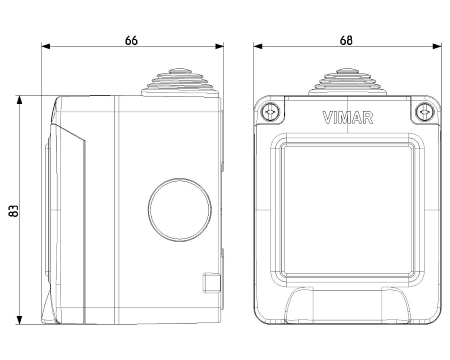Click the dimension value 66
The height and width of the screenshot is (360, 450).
point(131,40)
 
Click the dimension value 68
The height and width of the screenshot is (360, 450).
point(346,40)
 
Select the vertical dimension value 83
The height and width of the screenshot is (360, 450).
point(14,211)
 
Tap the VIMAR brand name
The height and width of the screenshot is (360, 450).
point(348,118)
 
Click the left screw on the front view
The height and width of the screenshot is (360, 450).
point(270,111)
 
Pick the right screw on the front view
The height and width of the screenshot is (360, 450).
point(424,111)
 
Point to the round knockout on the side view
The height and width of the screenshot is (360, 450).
point(180,210)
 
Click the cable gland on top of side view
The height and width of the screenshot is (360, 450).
point(180,83)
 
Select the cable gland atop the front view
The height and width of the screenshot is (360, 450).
point(347,82)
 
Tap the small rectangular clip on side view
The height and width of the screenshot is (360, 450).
point(212,283)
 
